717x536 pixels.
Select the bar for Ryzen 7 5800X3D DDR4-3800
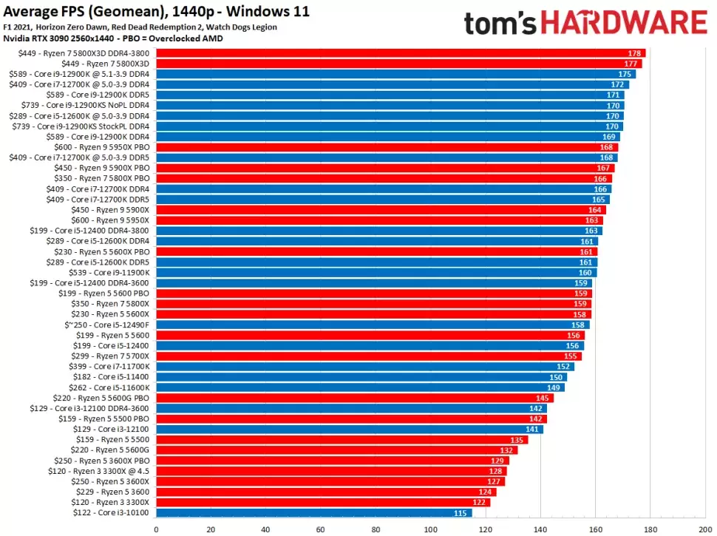click(x=401, y=53)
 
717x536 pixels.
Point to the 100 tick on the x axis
click(x=430, y=529)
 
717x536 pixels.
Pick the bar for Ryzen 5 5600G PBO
click(x=355, y=398)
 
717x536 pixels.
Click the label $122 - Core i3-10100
click(x=111, y=512)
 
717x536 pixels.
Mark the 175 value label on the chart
click(x=625, y=74)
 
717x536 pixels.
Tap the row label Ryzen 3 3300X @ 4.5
click(x=109, y=471)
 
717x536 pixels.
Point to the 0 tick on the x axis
click(x=156, y=529)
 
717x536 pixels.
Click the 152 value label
click(x=563, y=366)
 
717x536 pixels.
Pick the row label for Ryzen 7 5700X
click(x=112, y=356)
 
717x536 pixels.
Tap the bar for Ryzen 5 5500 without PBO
click(x=341, y=439)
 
